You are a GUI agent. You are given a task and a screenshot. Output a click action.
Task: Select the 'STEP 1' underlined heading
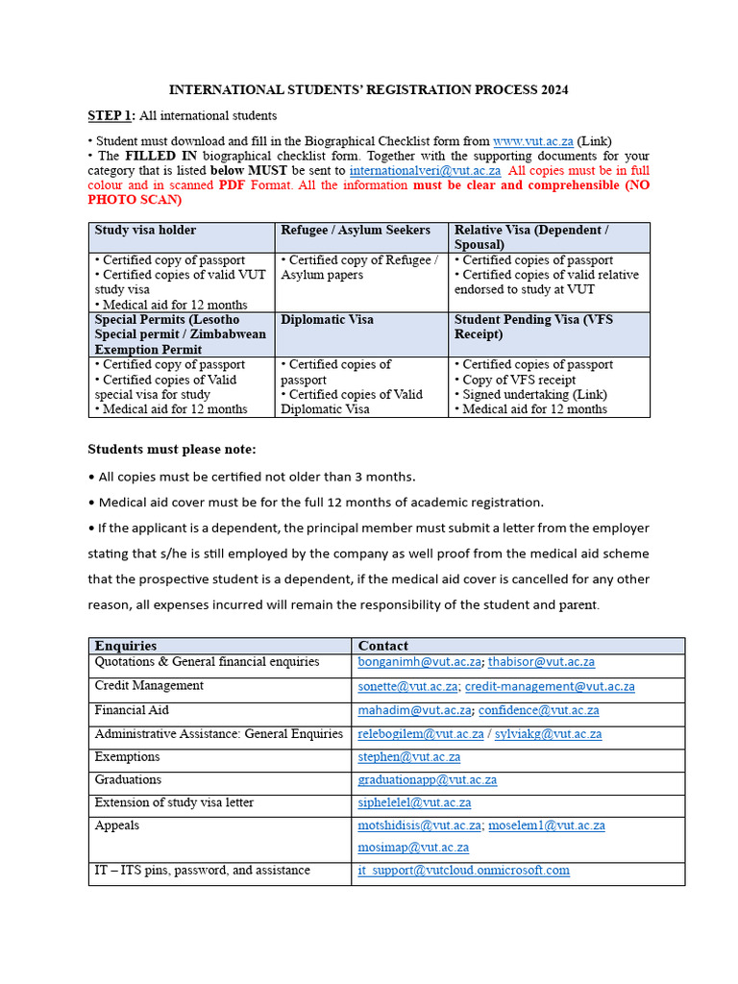111,115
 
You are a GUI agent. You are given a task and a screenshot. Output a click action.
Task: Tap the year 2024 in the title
553,89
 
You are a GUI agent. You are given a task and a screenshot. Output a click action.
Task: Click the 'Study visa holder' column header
145,230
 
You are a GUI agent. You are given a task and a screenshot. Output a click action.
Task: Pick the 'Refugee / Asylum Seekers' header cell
355,230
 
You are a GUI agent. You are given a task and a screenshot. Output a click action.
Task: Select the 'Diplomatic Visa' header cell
327,319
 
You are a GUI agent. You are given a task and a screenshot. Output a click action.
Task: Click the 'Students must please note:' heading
172,449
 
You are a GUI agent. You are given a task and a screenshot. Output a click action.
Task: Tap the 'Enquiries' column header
126,646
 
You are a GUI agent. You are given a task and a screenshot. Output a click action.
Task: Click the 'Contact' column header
382,646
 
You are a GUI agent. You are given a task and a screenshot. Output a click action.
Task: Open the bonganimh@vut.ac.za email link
419,662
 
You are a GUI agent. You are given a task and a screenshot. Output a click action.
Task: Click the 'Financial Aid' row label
132,710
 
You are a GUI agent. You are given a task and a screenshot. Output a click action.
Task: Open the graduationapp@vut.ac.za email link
428,779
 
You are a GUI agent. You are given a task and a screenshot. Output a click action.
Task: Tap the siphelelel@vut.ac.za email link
414,802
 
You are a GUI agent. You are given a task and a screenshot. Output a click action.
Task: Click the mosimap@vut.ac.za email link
413,847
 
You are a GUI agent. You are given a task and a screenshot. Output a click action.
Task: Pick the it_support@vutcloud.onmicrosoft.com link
463,870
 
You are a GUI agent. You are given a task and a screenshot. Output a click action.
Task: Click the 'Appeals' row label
116,825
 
